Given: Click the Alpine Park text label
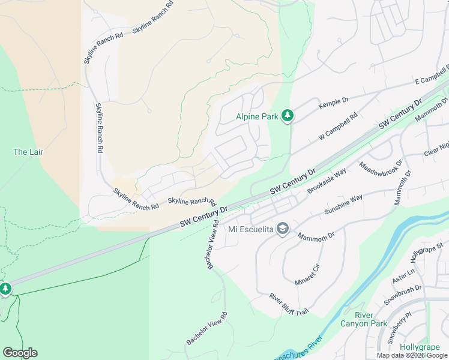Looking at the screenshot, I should click(x=257, y=116).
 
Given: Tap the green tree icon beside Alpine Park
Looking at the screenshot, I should click(x=288, y=116).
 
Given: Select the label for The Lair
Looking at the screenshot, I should click(x=28, y=152).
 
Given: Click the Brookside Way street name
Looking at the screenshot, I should click(x=327, y=181).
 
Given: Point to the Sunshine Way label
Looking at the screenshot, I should click(x=343, y=205).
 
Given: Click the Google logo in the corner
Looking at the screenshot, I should click(x=20, y=353).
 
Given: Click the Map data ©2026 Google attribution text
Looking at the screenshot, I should click(x=412, y=355).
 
